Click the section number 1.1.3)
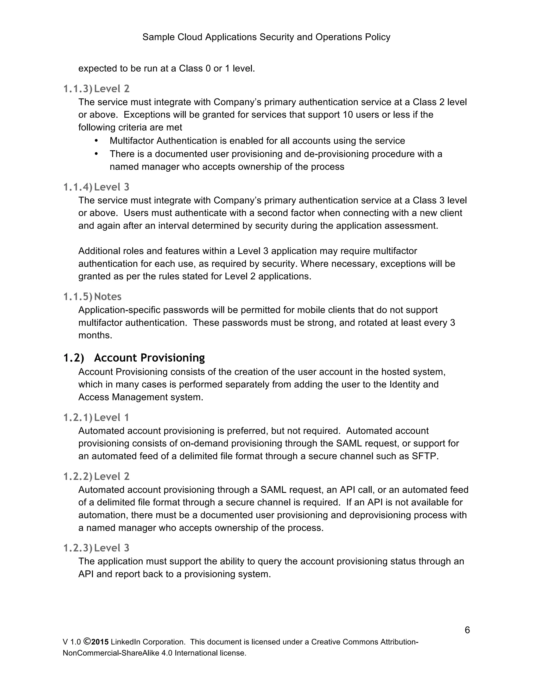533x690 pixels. click(77, 89)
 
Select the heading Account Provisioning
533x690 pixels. click(149, 358)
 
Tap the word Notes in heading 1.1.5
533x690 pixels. click(108, 296)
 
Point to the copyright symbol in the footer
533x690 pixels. click(87, 642)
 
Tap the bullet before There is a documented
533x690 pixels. click(96, 154)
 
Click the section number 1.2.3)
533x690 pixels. click(77, 548)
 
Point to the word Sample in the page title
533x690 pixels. click(158, 37)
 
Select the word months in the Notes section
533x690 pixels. click(95, 335)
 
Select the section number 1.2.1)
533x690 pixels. click(77, 417)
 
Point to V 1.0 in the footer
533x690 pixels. click(72, 642)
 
